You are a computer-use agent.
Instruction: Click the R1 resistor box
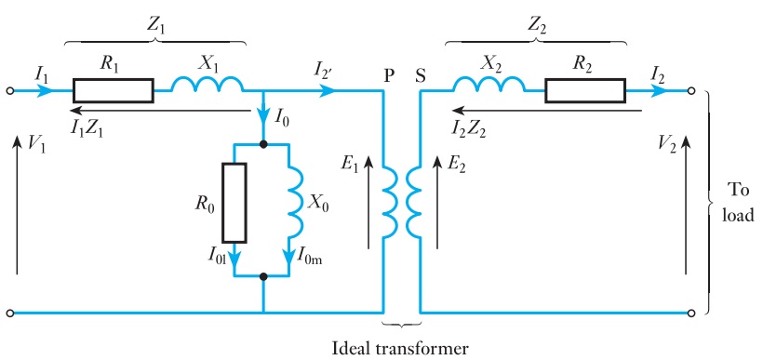(x=114, y=91)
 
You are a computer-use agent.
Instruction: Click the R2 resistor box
(x=585, y=91)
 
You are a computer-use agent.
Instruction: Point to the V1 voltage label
(x=34, y=144)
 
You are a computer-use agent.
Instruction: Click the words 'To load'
(x=738, y=202)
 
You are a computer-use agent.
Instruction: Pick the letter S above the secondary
(x=420, y=73)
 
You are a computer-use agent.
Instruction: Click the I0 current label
(x=284, y=119)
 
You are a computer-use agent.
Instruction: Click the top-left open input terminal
(x=10, y=91)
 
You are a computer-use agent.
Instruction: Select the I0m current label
(x=318, y=257)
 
